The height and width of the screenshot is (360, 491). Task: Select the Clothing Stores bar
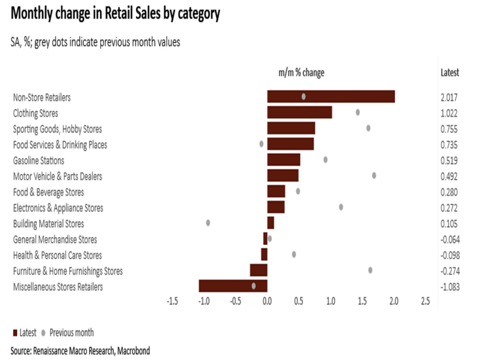coord(299,112)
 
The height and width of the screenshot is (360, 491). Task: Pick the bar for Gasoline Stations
coord(283,160)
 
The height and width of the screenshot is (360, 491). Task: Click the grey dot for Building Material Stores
coord(208,222)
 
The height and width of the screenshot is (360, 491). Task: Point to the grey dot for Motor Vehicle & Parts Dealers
coord(374,175)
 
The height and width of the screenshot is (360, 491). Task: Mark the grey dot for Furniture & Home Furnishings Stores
coord(370,270)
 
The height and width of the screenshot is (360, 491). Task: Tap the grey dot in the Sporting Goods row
coord(368,128)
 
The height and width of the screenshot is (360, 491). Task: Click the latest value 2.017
coord(450,97)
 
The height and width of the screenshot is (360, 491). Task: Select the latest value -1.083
coord(450,287)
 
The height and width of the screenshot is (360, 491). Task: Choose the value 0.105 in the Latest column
coord(450,224)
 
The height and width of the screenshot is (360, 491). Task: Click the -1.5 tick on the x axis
coord(172,301)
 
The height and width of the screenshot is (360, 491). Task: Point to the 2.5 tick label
coord(425,301)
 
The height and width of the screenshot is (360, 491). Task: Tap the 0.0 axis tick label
coord(267,301)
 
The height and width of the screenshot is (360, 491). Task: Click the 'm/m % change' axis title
coord(302,73)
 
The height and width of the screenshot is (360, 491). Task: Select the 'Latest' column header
coord(450,73)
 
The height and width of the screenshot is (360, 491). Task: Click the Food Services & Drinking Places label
coord(60,144)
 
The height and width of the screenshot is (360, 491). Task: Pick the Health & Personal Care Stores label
coord(57,255)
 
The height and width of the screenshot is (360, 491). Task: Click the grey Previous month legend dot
coord(44,332)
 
